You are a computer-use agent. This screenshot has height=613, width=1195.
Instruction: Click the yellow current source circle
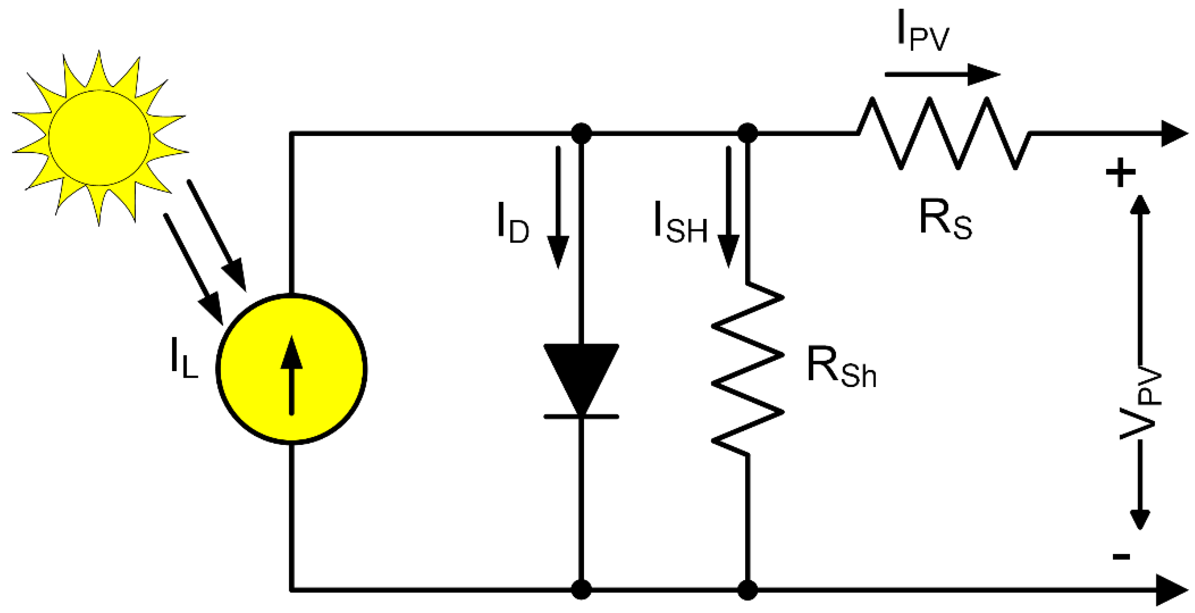(291, 369)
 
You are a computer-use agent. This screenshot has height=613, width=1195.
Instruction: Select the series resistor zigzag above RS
(944, 133)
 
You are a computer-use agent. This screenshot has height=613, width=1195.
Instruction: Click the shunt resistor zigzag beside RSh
(747, 369)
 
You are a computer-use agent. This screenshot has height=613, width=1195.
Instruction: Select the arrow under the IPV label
(942, 74)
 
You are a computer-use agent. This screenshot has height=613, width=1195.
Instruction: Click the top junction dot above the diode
(581, 133)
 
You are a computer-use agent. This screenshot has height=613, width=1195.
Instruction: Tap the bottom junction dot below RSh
(747, 590)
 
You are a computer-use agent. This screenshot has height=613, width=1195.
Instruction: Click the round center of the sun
(99, 138)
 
